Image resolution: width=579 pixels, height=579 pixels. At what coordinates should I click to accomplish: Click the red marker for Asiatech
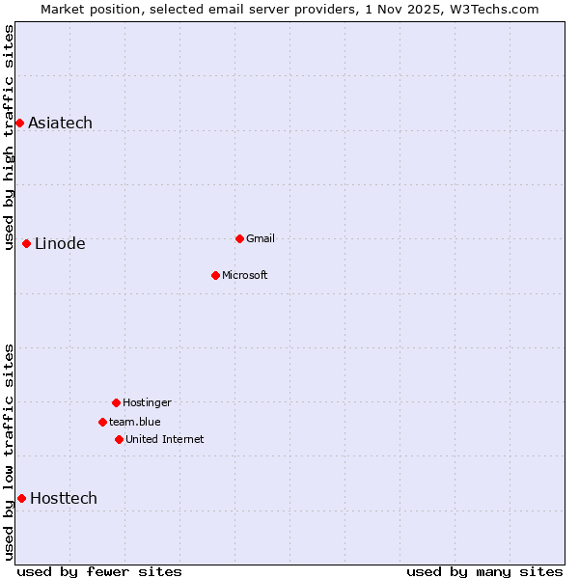click(x=19, y=123)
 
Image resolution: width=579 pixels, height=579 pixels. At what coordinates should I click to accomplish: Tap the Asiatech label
click(x=60, y=123)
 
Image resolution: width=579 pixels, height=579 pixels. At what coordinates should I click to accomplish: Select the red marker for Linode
click(x=26, y=243)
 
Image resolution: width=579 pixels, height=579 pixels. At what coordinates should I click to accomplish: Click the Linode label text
click(x=60, y=243)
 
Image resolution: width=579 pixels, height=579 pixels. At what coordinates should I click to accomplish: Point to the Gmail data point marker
click(x=239, y=238)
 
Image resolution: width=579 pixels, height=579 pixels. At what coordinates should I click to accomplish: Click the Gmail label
click(x=261, y=238)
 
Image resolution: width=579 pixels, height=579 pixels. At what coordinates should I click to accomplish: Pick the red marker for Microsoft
click(x=215, y=275)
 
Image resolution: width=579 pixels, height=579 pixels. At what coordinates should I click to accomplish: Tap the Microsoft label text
click(x=244, y=275)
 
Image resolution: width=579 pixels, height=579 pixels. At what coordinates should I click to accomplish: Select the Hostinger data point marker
click(x=116, y=402)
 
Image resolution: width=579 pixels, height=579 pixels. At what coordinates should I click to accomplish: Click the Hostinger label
click(x=147, y=402)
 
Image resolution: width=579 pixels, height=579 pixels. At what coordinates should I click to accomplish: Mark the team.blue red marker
click(x=102, y=422)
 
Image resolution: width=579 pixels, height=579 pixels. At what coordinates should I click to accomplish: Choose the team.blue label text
click(x=134, y=422)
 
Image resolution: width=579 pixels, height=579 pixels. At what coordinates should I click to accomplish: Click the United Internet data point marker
click(x=119, y=439)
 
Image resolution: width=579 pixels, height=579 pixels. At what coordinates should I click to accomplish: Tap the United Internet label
click(x=164, y=439)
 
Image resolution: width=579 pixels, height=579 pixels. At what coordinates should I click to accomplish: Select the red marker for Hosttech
click(x=21, y=498)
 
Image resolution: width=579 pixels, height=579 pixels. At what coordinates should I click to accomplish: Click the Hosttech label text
click(x=64, y=498)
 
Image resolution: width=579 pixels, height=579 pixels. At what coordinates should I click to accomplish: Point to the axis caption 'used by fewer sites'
click(x=99, y=571)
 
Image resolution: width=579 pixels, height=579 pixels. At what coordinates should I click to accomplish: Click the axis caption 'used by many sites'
click(x=484, y=571)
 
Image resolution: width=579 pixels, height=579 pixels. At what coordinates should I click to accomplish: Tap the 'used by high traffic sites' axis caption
click(x=9, y=137)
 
